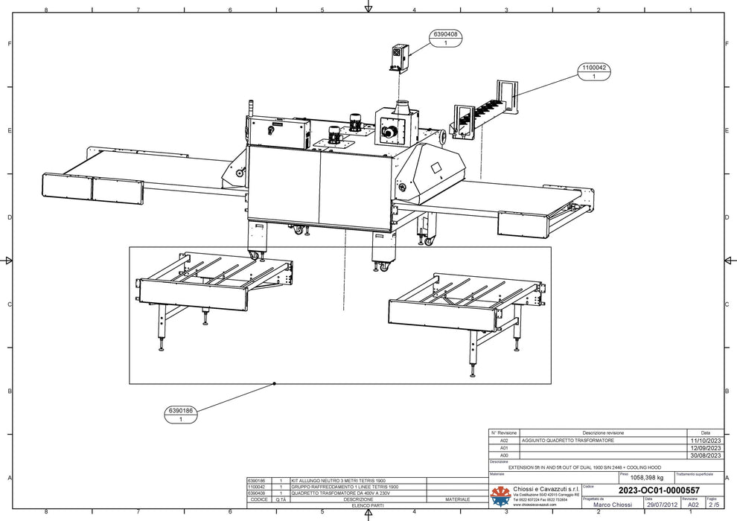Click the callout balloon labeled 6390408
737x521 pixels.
pos(444,39)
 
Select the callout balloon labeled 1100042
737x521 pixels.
pos(593,71)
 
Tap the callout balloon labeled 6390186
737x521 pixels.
pos(180,415)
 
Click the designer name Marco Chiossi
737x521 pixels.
pos(608,504)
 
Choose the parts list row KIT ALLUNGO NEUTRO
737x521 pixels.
pos(339,481)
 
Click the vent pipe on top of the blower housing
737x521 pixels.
pos(403,107)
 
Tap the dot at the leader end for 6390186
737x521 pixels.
pos(275,383)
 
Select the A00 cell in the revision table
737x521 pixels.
pos(504,456)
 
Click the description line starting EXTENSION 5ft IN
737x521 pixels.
pos(584,467)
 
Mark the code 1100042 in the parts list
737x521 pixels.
pos(256,487)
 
